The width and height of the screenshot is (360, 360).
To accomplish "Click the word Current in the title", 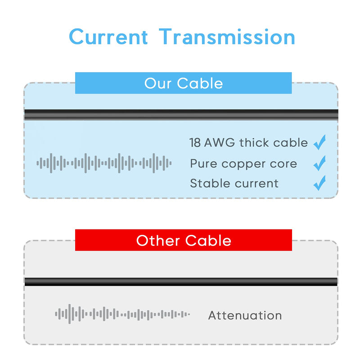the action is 108,37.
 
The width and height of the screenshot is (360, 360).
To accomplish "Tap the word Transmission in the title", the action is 227,37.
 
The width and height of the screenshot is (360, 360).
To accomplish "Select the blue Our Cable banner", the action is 184,83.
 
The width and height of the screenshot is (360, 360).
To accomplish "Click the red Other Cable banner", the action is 184,240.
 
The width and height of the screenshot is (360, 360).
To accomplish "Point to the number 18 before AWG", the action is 195,143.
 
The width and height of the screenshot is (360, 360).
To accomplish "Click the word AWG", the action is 220,143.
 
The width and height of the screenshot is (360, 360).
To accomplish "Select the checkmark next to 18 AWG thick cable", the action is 319,142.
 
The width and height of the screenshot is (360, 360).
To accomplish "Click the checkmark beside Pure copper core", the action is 319,163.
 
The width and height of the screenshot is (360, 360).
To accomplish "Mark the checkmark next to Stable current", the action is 319,183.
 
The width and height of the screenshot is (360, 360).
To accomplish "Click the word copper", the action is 243,164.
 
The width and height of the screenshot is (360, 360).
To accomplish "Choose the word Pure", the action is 203,163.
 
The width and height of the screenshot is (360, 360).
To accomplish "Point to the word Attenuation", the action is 245,315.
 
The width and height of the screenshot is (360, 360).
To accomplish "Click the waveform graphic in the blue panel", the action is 104,163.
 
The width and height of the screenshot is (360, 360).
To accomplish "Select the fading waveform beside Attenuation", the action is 122,314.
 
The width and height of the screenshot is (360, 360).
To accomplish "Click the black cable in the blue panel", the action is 181,115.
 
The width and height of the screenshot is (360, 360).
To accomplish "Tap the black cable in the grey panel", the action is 181,282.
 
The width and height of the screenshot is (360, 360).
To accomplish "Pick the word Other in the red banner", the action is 158,240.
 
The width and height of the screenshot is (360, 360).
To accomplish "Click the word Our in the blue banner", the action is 158,83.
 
